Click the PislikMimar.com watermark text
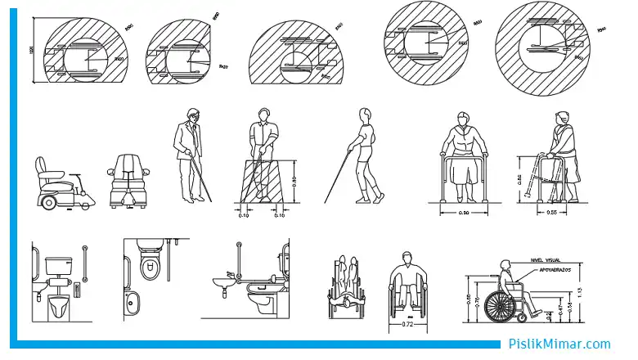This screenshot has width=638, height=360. pos(559,345)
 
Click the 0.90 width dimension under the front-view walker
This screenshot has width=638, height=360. pos(465,213)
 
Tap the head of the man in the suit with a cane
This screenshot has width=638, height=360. pos(191,115)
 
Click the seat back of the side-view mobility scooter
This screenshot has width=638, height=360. pos(44,170)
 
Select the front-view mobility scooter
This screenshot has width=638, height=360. pos(127,182)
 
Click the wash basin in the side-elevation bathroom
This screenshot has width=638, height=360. pos(220,282)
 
